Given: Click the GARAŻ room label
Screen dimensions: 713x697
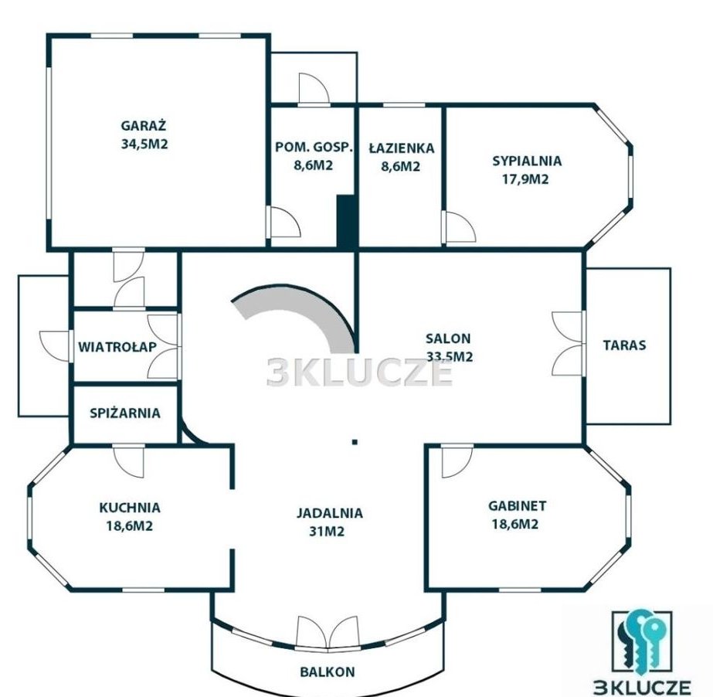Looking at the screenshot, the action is tap(144, 125).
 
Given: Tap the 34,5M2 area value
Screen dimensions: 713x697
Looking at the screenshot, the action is tap(144, 144).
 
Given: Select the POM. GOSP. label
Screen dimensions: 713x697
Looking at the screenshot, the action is tap(314, 148).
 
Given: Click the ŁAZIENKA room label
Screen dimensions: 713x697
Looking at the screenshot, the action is tap(401, 148).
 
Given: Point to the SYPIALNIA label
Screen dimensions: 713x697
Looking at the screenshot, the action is tap(527, 161).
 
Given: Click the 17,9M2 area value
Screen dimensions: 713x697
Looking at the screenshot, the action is tap(525, 179).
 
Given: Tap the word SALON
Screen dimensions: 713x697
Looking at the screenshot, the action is tap(448, 338).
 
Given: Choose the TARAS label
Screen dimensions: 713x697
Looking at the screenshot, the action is tap(624, 345).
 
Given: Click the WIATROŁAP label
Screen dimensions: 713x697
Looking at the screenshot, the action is tap(117, 347).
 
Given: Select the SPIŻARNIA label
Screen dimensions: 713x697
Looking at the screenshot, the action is tap(125, 413).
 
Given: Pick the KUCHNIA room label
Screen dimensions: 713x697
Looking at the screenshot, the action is tap(130, 507).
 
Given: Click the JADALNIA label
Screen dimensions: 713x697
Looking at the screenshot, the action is tap(330, 513).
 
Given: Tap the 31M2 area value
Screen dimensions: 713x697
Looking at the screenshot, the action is tap(327, 532).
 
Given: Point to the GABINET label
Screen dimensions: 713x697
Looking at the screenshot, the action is tap(517, 505).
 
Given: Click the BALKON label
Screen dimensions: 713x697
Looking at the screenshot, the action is tap(328, 671).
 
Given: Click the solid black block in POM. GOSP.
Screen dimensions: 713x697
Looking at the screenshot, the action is tap(345, 221).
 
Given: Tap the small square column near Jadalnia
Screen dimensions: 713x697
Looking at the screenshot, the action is tap(355, 441).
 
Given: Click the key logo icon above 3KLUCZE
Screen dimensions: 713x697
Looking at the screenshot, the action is tap(642, 643).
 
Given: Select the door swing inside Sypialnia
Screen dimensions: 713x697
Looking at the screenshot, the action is tap(460, 226).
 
